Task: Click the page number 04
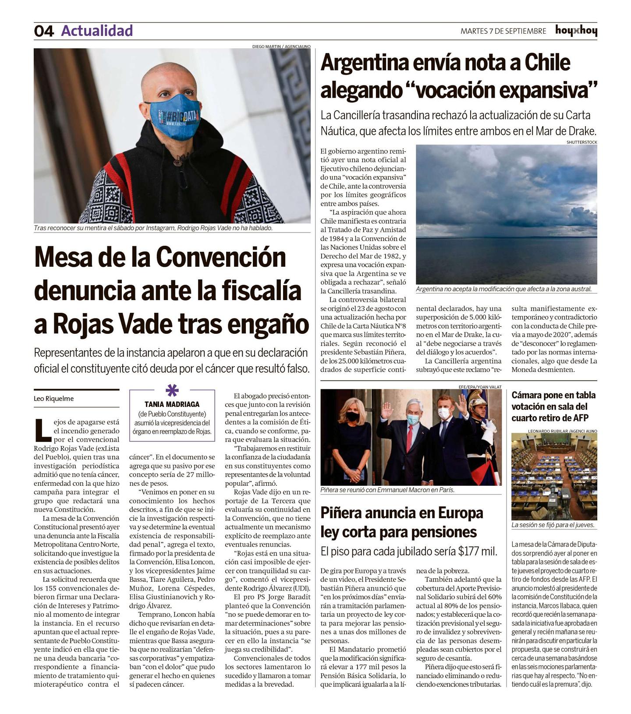point(44,31)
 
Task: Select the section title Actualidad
point(97,31)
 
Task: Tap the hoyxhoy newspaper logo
point(576,31)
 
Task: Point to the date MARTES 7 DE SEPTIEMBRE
point(503,31)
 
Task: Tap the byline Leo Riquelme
point(53,399)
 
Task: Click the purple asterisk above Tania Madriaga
point(172,389)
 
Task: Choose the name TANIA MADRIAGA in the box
point(172,404)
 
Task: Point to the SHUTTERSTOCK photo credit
point(581,142)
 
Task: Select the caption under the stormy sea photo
point(503,289)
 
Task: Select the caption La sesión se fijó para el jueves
point(553,525)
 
